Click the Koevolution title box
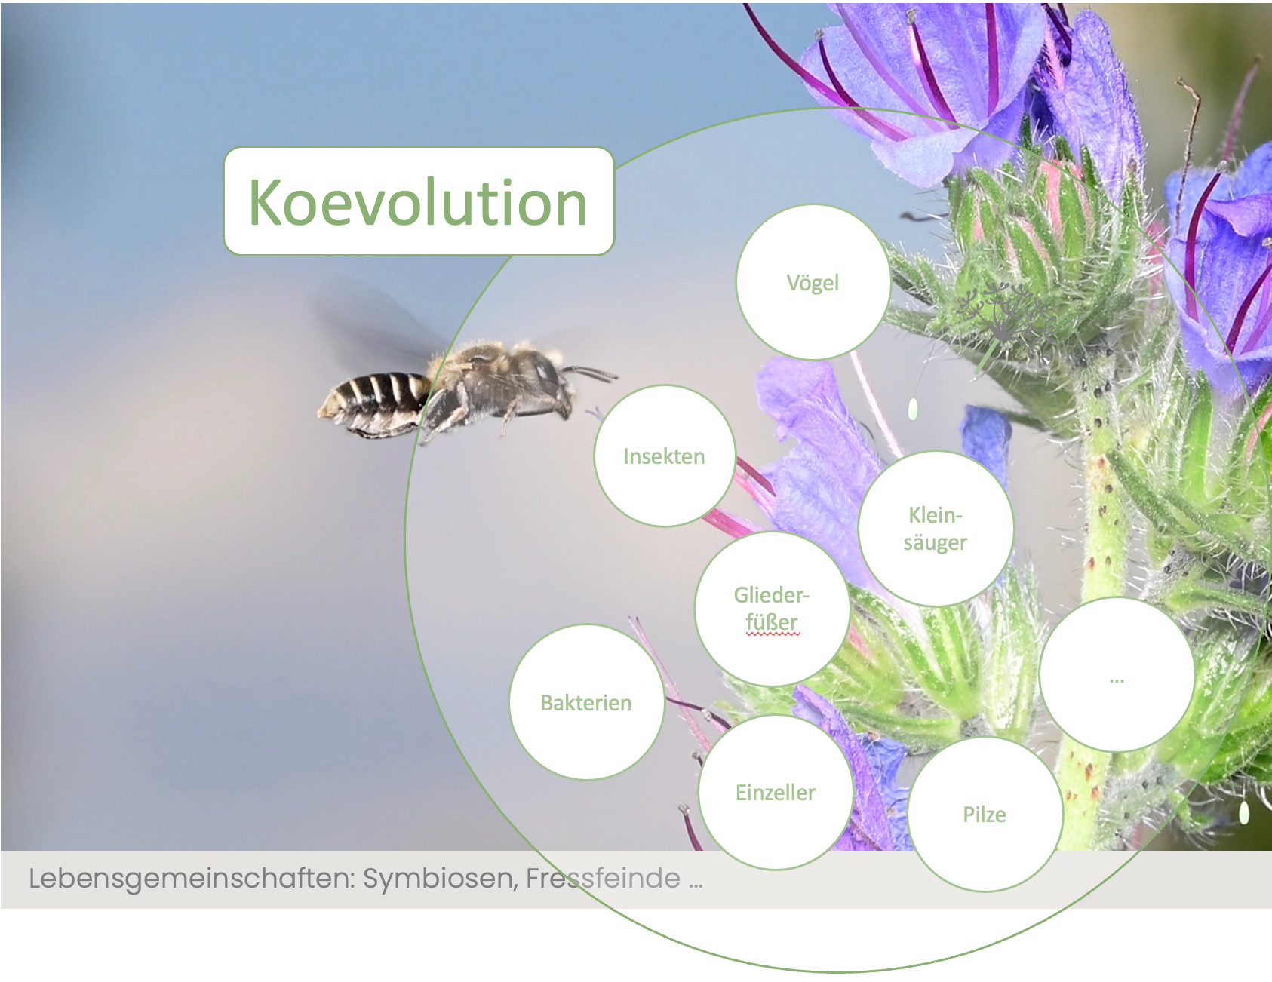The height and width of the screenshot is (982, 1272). point(419,201)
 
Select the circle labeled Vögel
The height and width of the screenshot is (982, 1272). point(813,282)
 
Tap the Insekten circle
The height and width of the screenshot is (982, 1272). point(664,456)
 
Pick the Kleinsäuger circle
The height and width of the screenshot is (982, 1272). point(936,529)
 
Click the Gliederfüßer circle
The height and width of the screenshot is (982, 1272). point(772,609)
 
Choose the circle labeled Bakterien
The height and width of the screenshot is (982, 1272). point(586,702)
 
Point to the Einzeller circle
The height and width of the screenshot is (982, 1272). point(776,792)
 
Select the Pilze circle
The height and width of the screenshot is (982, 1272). point(985,814)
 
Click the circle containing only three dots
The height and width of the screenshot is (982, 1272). point(1117,674)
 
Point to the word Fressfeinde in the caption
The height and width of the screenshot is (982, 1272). point(603,878)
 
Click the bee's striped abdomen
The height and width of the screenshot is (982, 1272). point(373,404)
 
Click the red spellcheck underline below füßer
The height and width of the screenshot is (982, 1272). point(773,635)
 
